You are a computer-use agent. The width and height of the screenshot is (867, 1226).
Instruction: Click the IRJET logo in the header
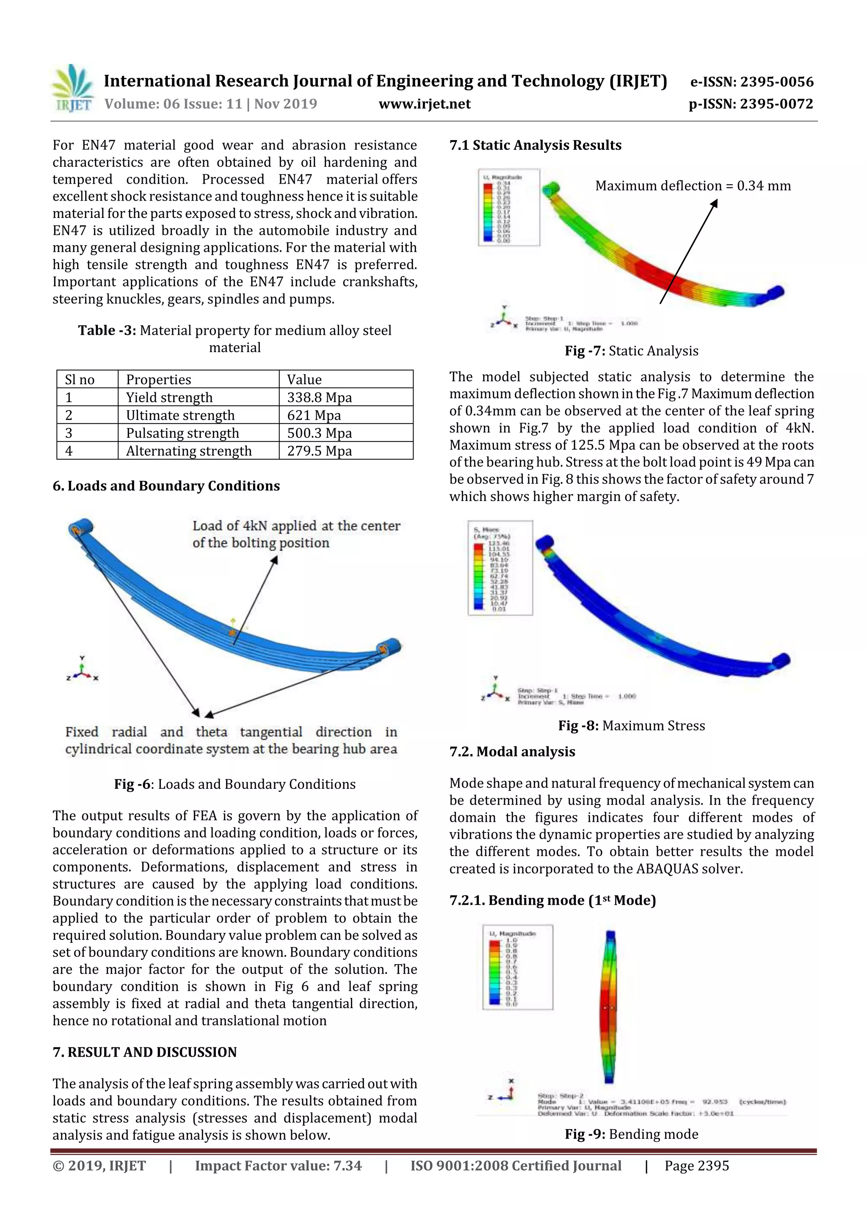[72, 88]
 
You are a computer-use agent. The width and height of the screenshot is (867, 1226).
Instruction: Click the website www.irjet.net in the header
[424, 104]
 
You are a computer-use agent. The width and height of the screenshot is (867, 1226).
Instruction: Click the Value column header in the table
[304, 380]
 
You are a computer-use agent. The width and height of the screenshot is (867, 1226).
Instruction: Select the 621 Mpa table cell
[314, 416]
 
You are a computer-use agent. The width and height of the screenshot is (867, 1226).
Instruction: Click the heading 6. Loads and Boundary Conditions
[166, 486]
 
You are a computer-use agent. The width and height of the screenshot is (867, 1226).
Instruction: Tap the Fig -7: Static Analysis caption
[632, 351]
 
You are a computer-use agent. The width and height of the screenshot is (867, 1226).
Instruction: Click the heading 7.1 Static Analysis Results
[535, 145]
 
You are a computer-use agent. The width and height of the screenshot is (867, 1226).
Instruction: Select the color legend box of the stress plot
[500, 568]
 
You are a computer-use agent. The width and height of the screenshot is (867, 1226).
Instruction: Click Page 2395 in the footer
[696, 1165]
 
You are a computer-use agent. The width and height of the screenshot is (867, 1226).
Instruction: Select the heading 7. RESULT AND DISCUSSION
[144, 1052]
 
